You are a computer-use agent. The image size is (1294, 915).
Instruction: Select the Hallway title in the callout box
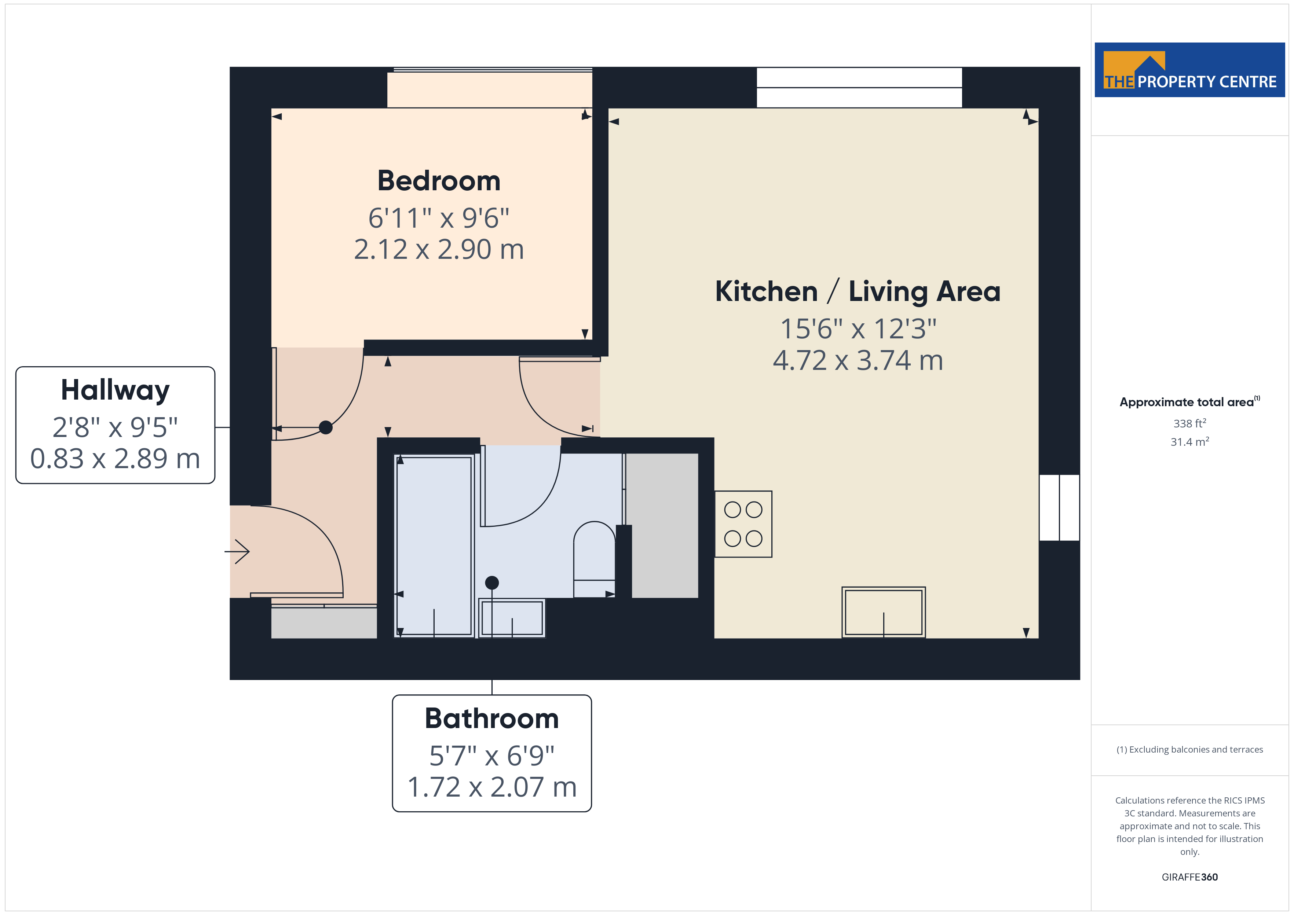tap(115, 390)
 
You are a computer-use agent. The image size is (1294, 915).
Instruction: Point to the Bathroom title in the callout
tap(491, 719)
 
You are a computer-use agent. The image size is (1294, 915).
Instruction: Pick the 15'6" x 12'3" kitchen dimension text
tap(858, 328)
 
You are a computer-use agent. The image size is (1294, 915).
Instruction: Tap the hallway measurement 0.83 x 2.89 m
tap(115, 459)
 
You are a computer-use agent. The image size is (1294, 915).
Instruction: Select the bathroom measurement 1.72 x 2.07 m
tap(491, 787)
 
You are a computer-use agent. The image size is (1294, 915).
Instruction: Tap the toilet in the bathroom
tap(594, 559)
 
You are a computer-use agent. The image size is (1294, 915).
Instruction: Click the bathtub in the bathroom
tap(434, 546)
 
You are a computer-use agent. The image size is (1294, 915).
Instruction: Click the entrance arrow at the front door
tap(237, 552)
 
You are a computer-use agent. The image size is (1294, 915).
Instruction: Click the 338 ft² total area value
tap(1190, 423)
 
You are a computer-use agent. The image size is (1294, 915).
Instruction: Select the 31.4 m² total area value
tap(1190, 442)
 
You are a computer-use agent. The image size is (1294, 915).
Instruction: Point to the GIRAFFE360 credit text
tap(1190, 877)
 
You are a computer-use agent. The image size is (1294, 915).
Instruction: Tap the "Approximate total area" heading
tap(1187, 402)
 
